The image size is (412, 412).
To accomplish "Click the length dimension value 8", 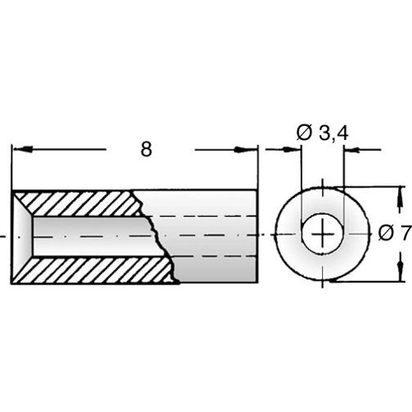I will (147, 150).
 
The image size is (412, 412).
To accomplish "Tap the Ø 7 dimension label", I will (395, 234).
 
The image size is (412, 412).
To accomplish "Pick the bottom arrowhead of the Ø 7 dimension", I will (402, 274).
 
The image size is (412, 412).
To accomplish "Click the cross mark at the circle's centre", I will (322, 236).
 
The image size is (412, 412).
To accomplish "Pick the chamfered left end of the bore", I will (23, 236).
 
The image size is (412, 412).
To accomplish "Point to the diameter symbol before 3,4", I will (302, 132).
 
